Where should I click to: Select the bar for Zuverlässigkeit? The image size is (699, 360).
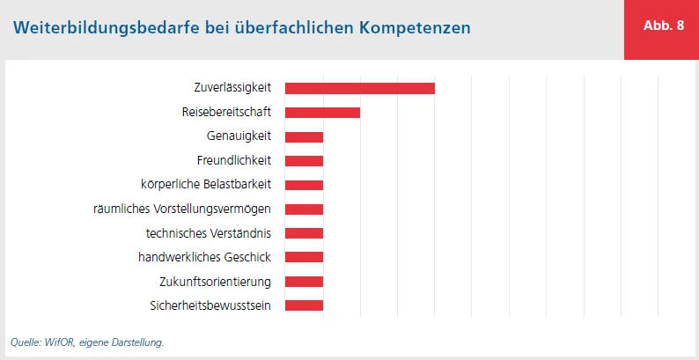pos(360,88)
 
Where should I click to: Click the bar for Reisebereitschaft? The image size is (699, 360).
pos(322,112)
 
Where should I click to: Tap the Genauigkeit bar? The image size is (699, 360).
pos(304,136)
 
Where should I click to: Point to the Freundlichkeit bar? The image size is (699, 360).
pos(304,160)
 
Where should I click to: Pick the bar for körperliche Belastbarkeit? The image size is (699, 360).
pos(304,185)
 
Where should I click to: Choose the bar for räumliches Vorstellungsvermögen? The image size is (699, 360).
pos(304,209)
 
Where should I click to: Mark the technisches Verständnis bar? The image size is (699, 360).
pos(304,233)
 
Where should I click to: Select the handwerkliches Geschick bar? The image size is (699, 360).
pos(304,257)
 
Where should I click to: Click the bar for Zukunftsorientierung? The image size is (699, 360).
pos(304,282)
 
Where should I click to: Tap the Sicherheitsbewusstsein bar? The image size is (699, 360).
pos(304,305)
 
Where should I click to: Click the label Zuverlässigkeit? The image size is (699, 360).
pos(232,88)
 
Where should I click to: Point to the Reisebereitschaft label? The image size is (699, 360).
pos(226,112)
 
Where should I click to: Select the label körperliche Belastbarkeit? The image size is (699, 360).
pos(206,185)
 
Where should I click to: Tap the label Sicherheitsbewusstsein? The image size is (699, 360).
pos(210,305)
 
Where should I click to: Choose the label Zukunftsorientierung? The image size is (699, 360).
pos(216,282)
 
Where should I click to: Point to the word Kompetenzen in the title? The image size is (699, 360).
pos(415,27)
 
